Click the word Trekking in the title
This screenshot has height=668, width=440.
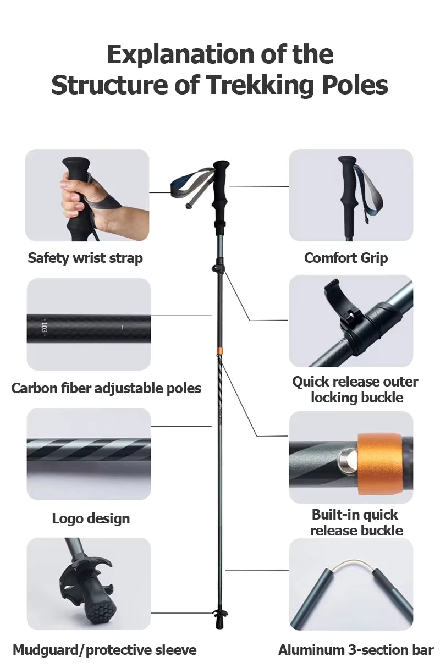point(260,85)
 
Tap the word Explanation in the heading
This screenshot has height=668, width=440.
point(180,55)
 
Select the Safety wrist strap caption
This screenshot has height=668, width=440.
point(85,258)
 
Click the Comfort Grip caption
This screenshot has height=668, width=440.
point(346,258)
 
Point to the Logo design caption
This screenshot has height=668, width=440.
point(91,518)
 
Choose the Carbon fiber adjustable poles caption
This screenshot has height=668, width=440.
point(106,388)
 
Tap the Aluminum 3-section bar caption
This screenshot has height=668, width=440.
point(356,650)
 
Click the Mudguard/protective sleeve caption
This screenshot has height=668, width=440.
point(105,650)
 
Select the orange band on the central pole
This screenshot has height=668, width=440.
point(220,352)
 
